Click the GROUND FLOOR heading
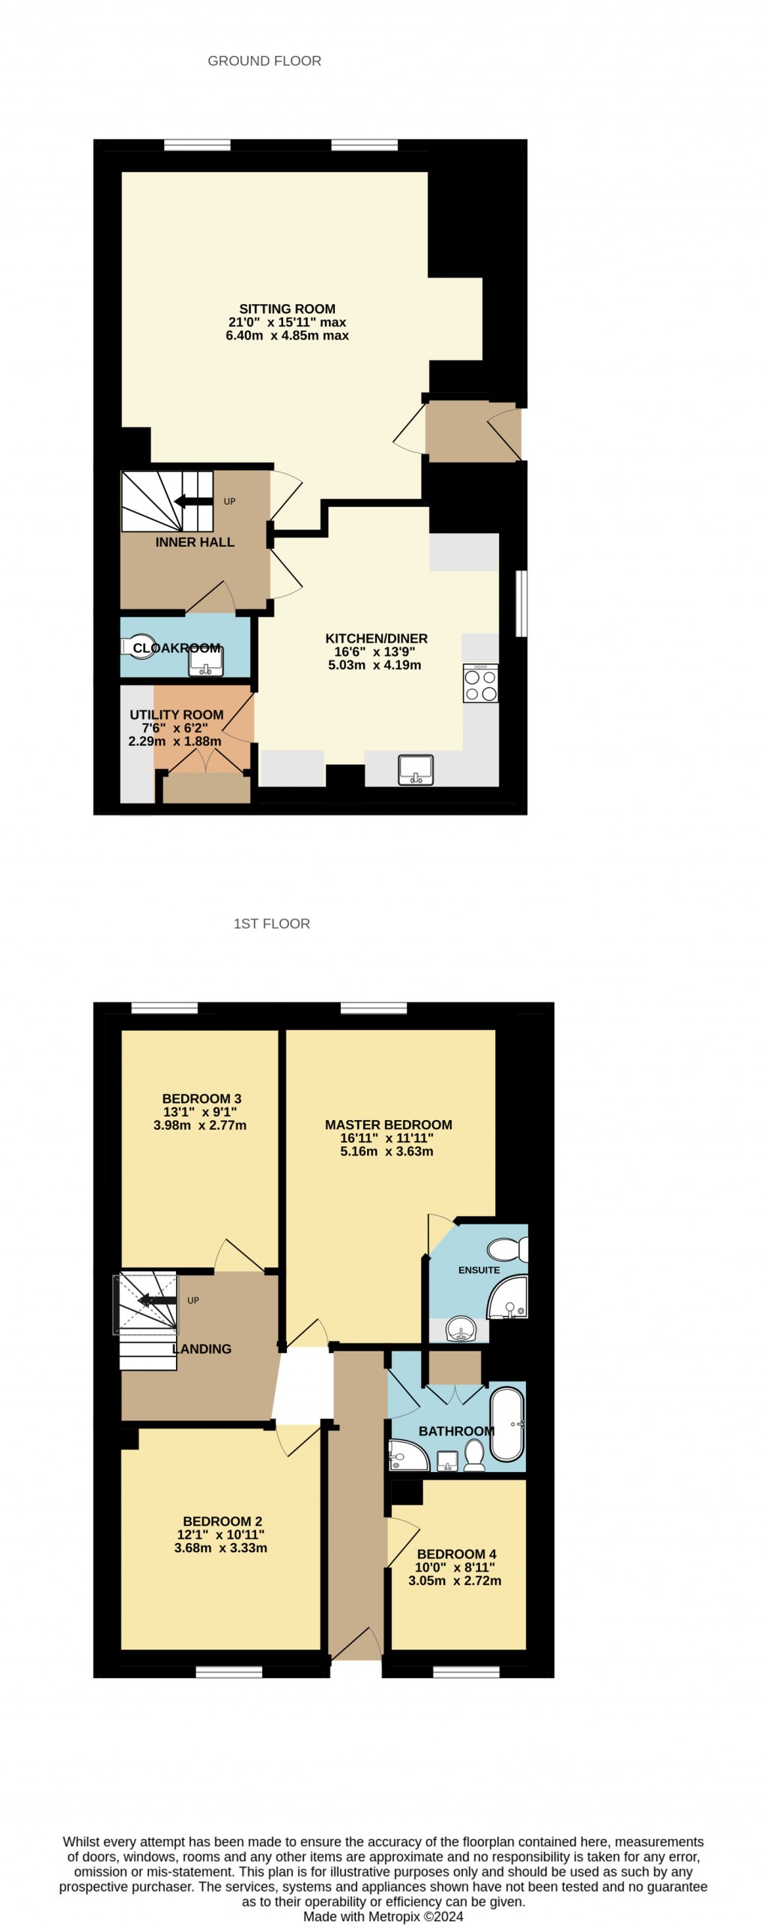coord(264,61)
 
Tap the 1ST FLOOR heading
coord(271,924)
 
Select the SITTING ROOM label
coord(287,308)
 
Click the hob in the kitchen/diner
coord(480,684)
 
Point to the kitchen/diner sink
coord(416,770)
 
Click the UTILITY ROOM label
coord(177,715)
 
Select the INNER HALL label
coord(195,542)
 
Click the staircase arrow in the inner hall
coord(192,502)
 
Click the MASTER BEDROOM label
coord(388,1125)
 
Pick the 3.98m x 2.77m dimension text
coord(199,1125)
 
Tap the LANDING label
coord(202,1349)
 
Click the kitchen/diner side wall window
coord(521,603)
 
